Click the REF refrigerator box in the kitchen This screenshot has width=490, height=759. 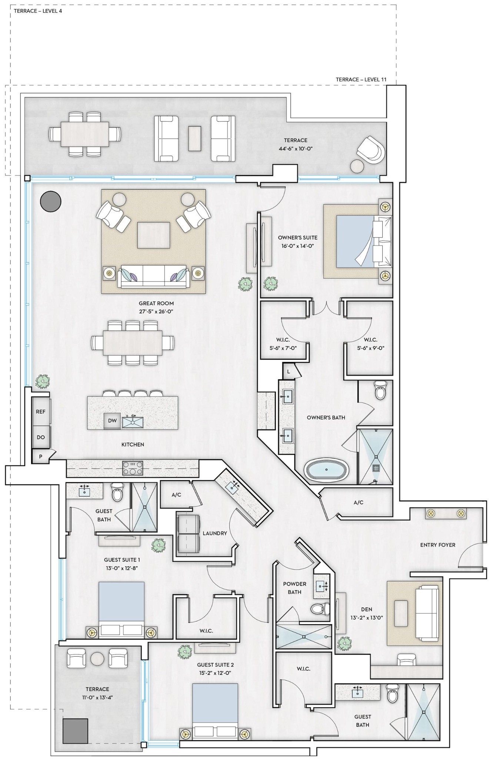41,411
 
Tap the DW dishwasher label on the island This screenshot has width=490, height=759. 112,421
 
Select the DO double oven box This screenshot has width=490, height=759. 41,437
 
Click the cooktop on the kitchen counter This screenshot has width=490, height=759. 133,468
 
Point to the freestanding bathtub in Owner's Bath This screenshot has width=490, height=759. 326,470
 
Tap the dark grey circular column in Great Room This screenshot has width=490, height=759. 50,201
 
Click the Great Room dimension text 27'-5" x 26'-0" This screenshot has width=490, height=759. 156,312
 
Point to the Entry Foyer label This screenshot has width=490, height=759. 438,545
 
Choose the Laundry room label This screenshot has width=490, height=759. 215,533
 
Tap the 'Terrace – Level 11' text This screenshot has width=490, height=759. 361,79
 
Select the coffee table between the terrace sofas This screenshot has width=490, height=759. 195,139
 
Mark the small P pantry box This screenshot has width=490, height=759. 41,457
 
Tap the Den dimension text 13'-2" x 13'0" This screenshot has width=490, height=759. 367,618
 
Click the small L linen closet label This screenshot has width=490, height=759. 289,371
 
